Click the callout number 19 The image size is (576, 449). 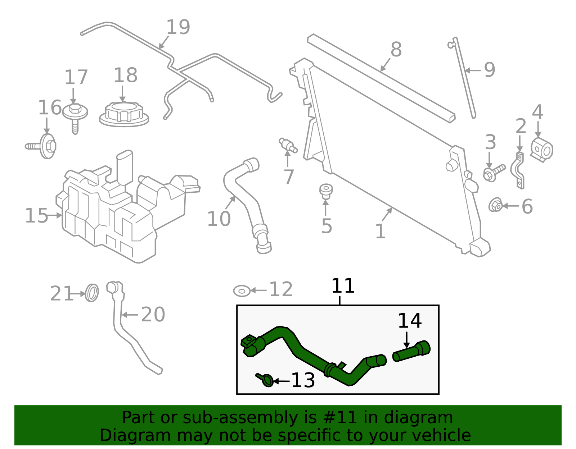click(x=178, y=27)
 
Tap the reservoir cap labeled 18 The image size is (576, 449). click(x=124, y=114)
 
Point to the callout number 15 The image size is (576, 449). click(x=36, y=216)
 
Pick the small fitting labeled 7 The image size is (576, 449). click(x=288, y=145)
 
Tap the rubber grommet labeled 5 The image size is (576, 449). click(x=326, y=191)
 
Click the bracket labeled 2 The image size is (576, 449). click(x=518, y=170)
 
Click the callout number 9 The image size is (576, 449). click(x=489, y=70)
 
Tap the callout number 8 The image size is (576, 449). click(x=396, y=50)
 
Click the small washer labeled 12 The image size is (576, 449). click(x=242, y=290)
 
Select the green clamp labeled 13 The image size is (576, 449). click(x=266, y=380)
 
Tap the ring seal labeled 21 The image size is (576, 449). click(x=92, y=293)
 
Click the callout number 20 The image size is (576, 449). click(x=153, y=315)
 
